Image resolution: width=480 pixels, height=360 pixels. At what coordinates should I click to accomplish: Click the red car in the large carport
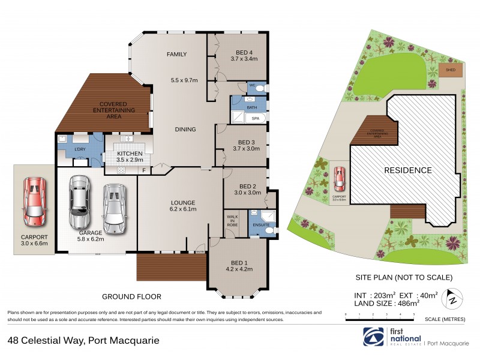[34, 200]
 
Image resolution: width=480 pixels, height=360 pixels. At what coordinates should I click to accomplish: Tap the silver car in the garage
[114, 208]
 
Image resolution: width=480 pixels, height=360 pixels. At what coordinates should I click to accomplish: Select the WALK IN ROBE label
[232, 222]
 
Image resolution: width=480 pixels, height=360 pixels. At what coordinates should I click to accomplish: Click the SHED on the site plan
[450, 70]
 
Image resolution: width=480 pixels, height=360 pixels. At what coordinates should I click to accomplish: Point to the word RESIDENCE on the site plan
[408, 170]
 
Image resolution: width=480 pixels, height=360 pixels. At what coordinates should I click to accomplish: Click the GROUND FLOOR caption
[131, 296]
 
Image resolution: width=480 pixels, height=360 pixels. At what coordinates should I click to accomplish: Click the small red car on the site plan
[339, 178]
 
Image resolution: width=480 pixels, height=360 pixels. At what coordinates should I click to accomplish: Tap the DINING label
[185, 129]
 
